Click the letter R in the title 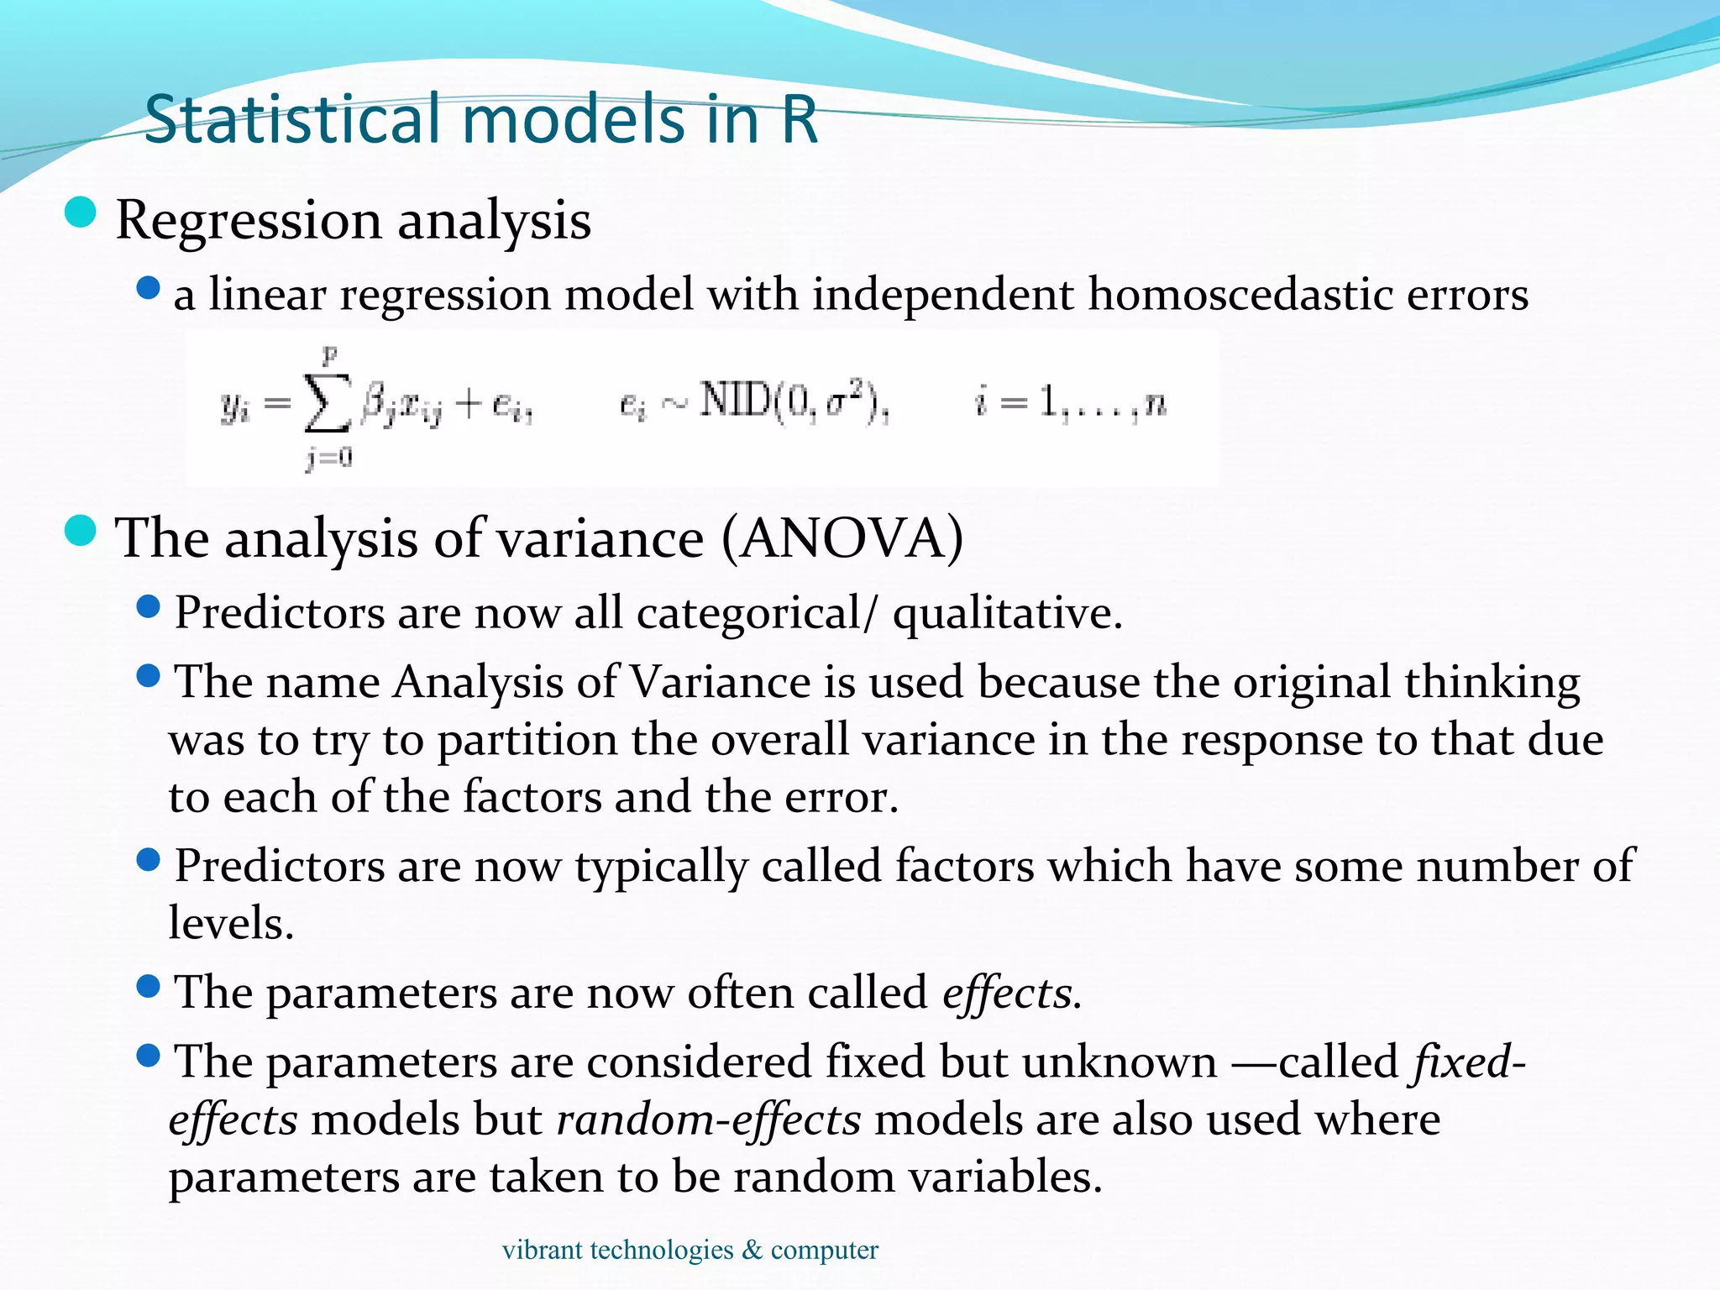pyautogui.click(x=799, y=119)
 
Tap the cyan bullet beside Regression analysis pyautogui.click(x=81, y=212)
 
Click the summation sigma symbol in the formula pyautogui.click(x=327, y=406)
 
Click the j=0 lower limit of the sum pyautogui.click(x=328, y=458)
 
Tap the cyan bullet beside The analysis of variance pyautogui.click(x=81, y=531)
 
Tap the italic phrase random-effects pyautogui.click(x=708, y=1120)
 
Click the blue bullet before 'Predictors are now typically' pyautogui.click(x=148, y=860)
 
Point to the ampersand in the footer pyautogui.click(x=752, y=1250)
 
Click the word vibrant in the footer pyautogui.click(x=542, y=1250)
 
